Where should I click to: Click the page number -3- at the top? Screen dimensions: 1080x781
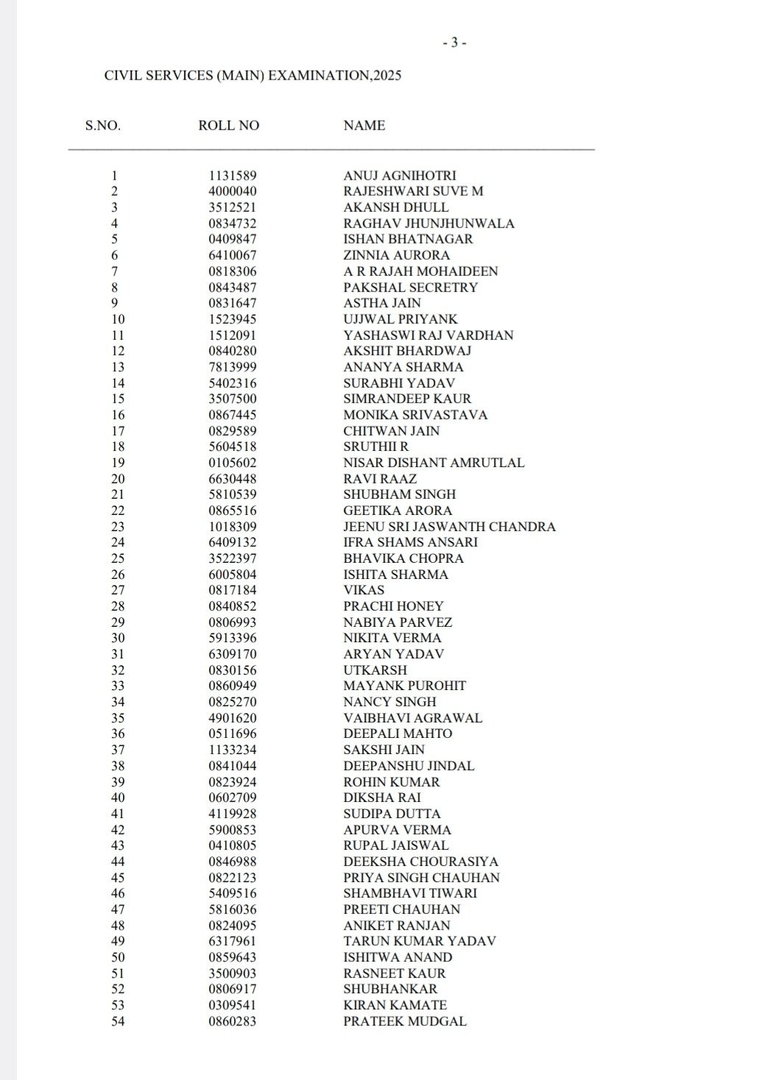[x=454, y=43]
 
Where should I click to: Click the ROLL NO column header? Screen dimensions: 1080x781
[x=229, y=126]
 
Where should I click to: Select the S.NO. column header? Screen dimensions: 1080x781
[x=103, y=126]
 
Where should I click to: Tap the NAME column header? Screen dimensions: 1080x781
[x=364, y=126]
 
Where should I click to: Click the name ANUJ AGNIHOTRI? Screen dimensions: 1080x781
[x=400, y=176]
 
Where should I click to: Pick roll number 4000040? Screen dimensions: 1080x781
[x=233, y=191]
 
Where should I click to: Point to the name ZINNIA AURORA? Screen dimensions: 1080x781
[x=396, y=255]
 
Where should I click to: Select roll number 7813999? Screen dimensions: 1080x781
[x=233, y=367]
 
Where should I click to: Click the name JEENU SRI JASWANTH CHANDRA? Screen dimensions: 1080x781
[x=449, y=527]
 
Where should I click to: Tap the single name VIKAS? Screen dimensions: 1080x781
[x=364, y=590]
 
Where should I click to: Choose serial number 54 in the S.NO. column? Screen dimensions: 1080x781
[x=118, y=1021]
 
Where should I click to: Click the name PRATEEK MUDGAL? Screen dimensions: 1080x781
[x=405, y=1021]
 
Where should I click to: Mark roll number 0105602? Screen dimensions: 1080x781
[x=233, y=463]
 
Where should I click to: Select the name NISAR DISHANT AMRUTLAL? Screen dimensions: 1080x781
[x=434, y=463]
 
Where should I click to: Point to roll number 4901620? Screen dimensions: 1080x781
[x=233, y=718]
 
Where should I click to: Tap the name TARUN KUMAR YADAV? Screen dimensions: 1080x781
[x=420, y=941]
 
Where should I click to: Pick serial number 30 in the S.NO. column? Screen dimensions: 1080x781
[x=118, y=638]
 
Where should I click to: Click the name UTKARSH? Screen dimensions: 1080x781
[x=375, y=670]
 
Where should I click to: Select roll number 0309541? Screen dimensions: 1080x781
[x=233, y=1005]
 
